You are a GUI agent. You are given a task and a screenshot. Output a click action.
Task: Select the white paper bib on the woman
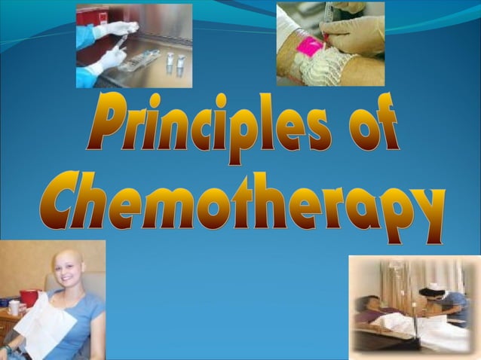pyautogui.click(x=45, y=324)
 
